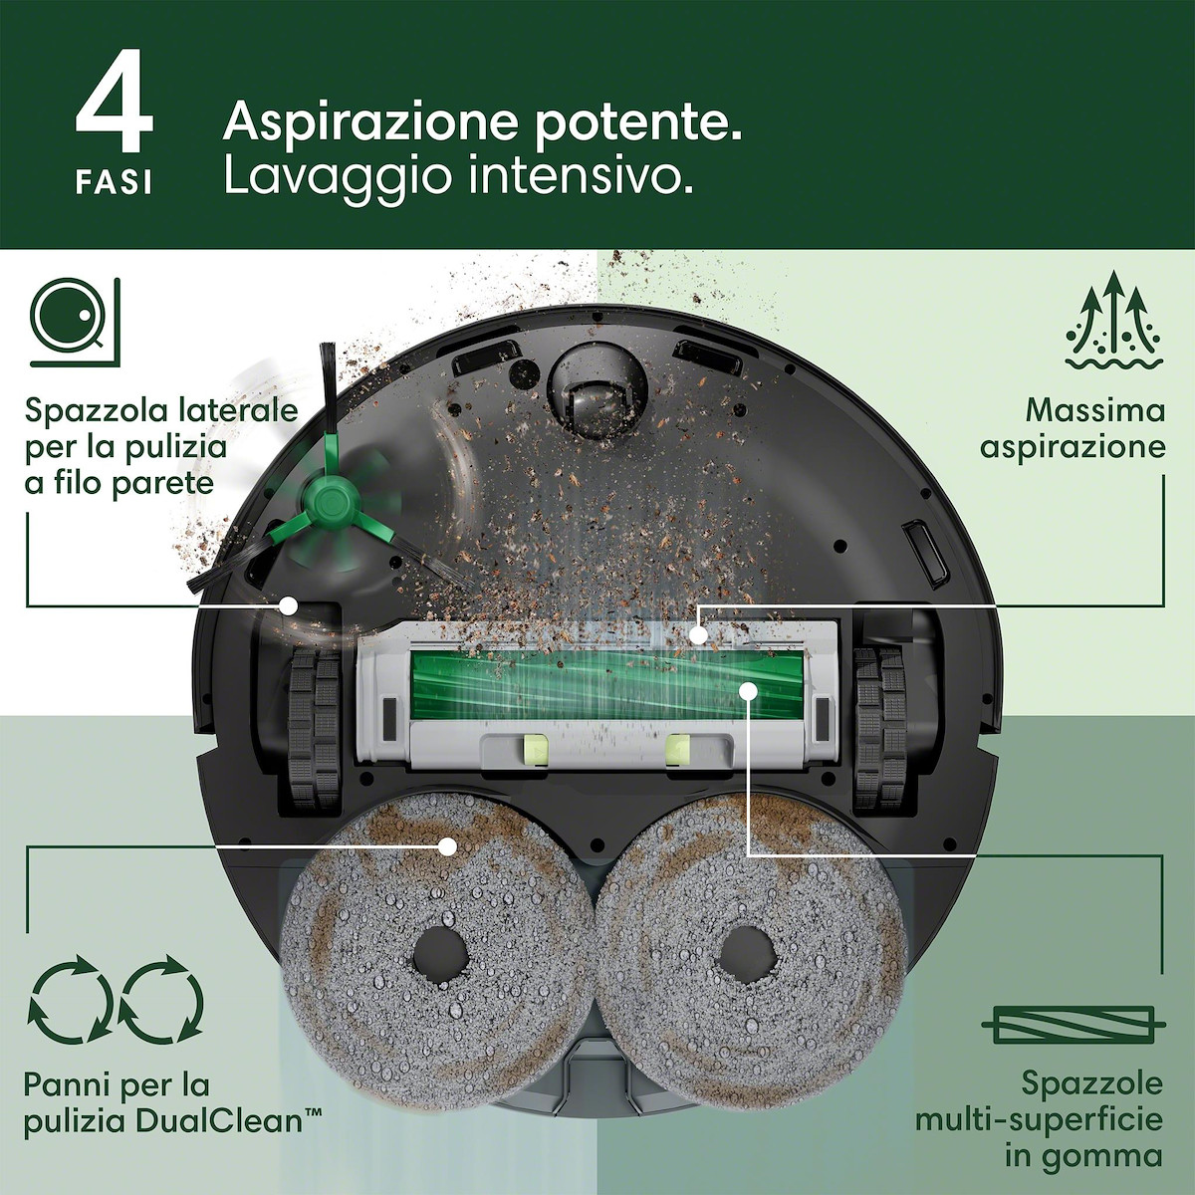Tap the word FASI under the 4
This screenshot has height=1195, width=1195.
(115, 183)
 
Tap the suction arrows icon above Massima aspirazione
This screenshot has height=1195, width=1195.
(1113, 324)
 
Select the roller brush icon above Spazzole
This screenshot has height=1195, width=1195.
(1074, 1024)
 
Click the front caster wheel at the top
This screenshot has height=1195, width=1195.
(596, 392)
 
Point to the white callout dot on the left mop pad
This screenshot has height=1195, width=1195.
(447, 846)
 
